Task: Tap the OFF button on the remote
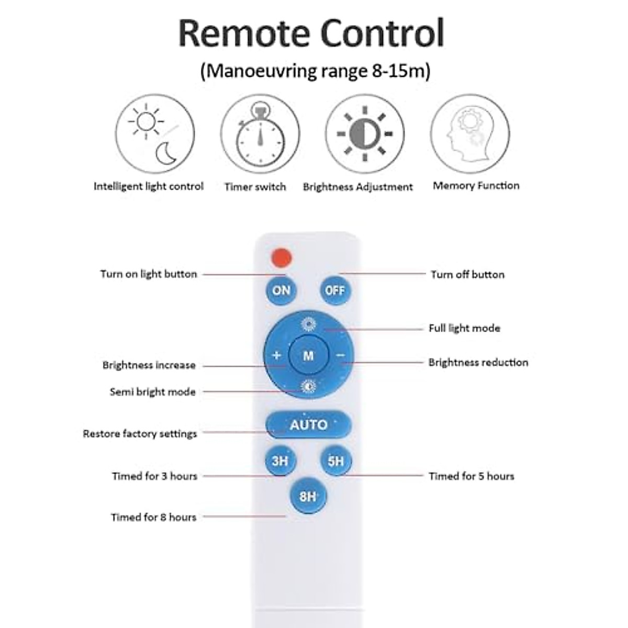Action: pyautogui.click(x=335, y=290)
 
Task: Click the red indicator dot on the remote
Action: pyautogui.click(x=282, y=257)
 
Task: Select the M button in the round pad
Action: pyautogui.click(x=308, y=356)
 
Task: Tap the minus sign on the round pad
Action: pyautogui.click(x=341, y=355)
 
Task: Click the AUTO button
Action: pyautogui.click(x=308, y=424)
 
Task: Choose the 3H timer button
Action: pyautogui.click(x=280, y=461)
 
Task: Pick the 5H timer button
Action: pyautogui.click(x=335, y=461)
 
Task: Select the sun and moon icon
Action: pyautogui.click(x=155, y=134)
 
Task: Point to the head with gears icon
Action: pyautogui.click(x=469, y=134)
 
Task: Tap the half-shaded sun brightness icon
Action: pyautogui.click(x=365, y=134)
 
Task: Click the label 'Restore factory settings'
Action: pyautogui.click(x=140, y=434)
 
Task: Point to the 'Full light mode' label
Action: pyautogui.click(x=464, y=329)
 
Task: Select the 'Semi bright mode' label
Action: pyautogui.click(x=152, y=392)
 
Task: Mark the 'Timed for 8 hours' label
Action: pyautogui.click(x=154, y=517)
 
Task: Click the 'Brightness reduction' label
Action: pyautogui.click(x=478, y=362)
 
